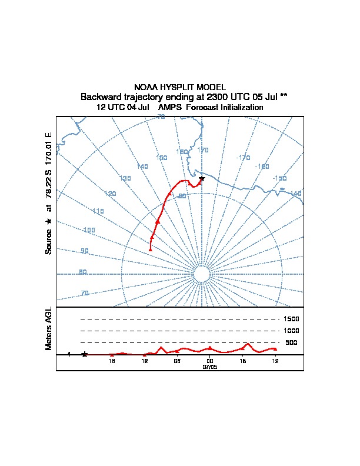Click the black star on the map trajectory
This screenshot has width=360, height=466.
202,178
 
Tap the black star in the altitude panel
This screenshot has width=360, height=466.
85,354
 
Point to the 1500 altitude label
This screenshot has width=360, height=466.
291,319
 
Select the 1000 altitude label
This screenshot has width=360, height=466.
291,331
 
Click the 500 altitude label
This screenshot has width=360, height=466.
291,342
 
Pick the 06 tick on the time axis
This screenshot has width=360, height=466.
177,361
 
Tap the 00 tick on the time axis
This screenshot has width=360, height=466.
209,361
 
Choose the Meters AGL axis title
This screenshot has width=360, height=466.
49,328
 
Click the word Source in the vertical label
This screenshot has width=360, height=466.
49,241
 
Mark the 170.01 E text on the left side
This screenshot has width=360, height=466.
49,148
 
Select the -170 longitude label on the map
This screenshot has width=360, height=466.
242,158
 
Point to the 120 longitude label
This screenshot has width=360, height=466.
110,194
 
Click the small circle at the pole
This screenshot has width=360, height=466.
201,274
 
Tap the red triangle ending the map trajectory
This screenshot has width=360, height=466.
150,249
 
